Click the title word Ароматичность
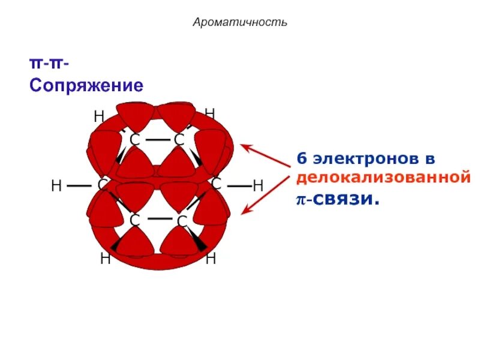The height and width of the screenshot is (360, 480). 240,23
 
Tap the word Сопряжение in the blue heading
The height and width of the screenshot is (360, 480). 86,85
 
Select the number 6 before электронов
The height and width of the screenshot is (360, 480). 301,160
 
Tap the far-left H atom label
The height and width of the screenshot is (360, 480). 56,186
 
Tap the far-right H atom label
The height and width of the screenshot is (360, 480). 258,186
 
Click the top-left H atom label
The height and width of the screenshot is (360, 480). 99,116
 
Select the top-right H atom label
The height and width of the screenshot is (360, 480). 209,113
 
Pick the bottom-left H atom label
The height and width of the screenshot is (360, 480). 105,259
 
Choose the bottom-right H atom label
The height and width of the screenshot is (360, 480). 211,259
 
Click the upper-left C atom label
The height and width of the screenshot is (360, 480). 134,140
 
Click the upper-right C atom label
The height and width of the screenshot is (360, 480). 179,140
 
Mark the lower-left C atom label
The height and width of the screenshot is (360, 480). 134,221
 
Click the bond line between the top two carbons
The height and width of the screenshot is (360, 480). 157,140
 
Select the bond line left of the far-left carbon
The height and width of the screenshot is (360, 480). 79,186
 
